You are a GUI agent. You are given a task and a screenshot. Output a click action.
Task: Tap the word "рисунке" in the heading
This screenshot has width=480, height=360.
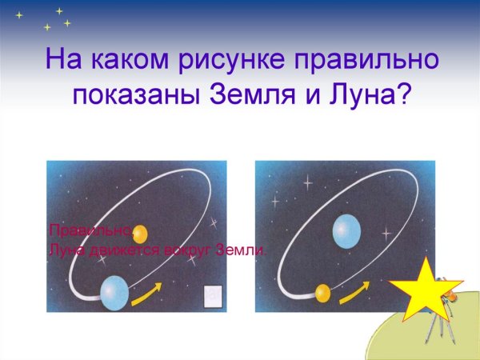(223, 60)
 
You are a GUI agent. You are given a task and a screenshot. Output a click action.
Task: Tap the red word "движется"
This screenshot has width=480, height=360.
(111, 250)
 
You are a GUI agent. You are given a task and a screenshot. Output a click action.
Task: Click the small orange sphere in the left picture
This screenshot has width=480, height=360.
(140, 234)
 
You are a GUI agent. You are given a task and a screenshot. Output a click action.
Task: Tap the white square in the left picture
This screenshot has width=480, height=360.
(212, 296)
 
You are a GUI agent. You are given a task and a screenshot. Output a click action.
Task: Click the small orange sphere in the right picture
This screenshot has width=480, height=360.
(322, 294)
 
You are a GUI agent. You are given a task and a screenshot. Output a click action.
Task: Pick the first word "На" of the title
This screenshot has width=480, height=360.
(61, 60)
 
